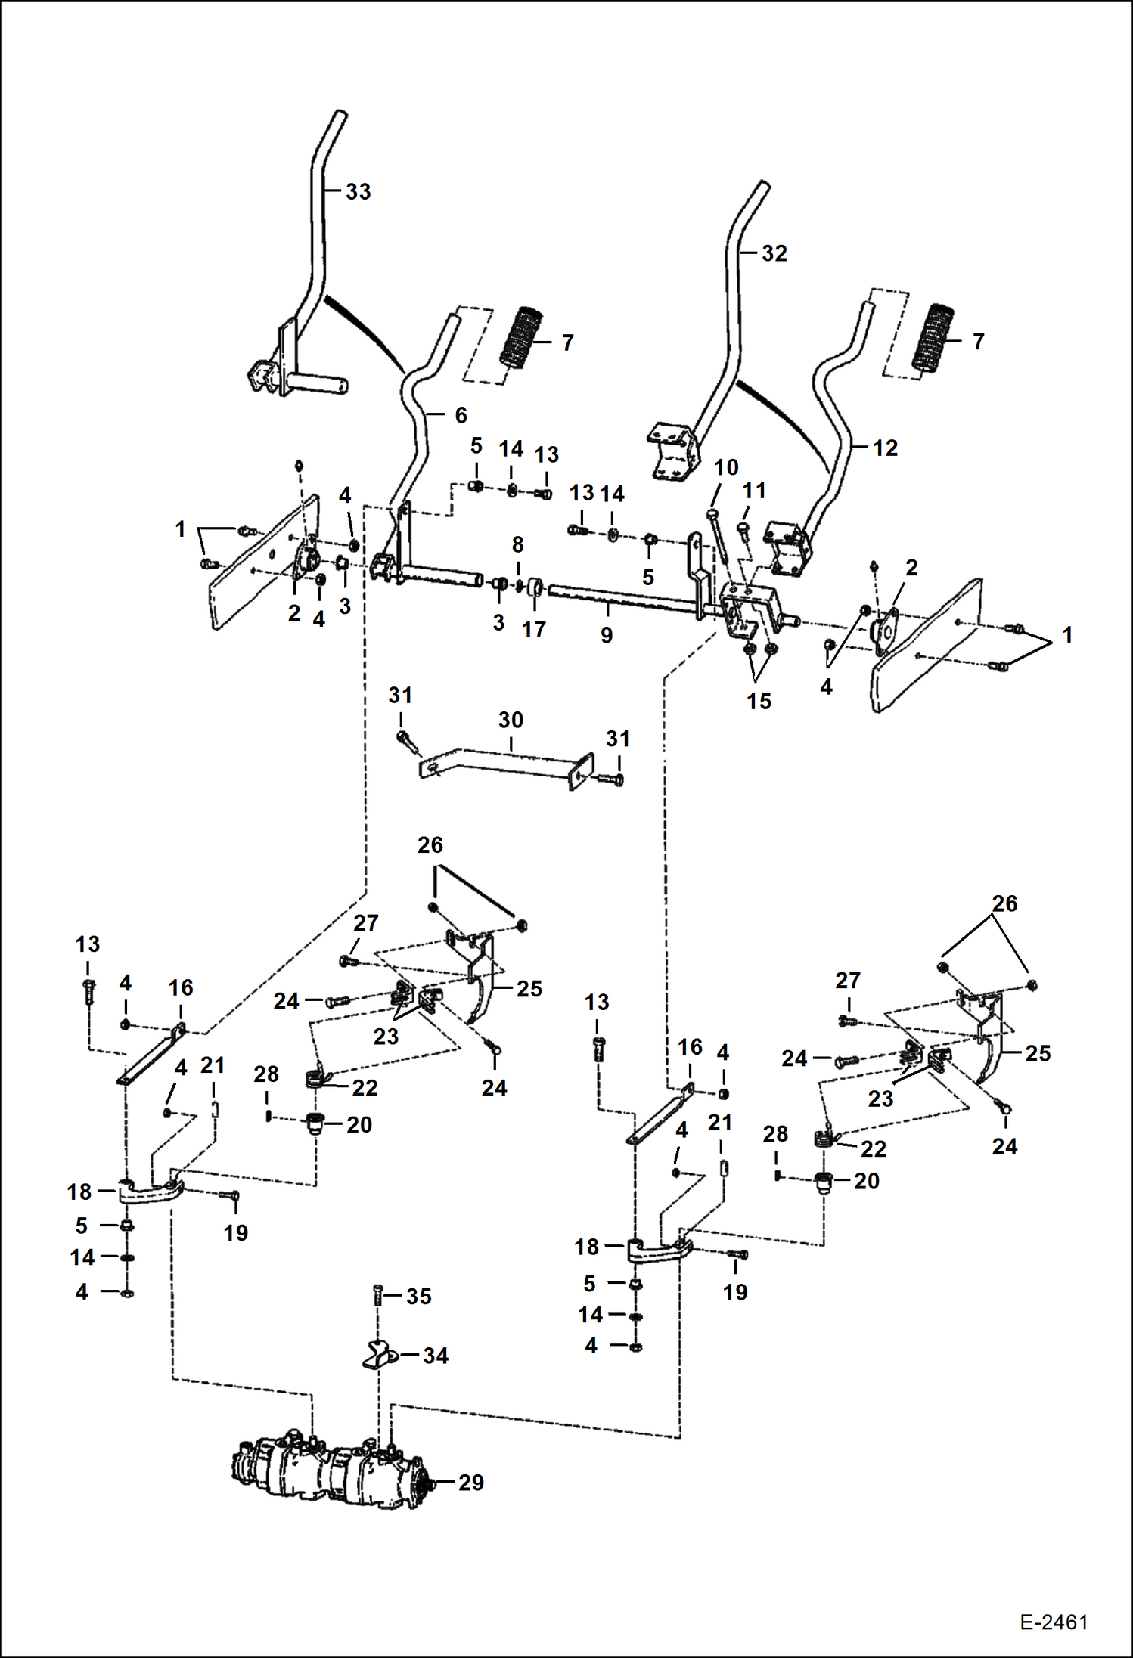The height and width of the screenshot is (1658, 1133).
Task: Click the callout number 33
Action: pyautogui.click(x=358, y=192)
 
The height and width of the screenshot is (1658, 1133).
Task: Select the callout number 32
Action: pyautogui.click(x=774, y=253)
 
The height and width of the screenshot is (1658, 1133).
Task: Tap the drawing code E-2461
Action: pyautogui.click(x=1053, y=1622)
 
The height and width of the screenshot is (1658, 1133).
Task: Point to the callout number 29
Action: pyautogui.click(x=470, y=1483)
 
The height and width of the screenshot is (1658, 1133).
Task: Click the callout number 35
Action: pyautogui.click(x=418, y=1297)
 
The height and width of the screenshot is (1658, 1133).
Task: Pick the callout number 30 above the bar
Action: pyautogui.click(x=511, y=720)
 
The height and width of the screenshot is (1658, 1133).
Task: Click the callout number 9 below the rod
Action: pyautogui.click(x=607, y=636)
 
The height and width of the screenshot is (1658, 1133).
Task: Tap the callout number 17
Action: pyautogui.click(x=533, y=629)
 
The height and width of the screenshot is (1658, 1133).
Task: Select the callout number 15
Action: pyautogui.click(x=759, y=701)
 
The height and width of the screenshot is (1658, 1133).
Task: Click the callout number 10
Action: pyautogui.click(x=726, y=468)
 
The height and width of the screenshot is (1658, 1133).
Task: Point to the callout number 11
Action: pyautogui.click(x=754, y=491)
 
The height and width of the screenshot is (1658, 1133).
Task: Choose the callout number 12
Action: pyautogui.click(x=885, y=448)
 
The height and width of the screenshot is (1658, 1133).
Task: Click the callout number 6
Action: pyautogui.click(x=461, y=415)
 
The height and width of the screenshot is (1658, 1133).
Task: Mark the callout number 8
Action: pyautogui.click(x=517, y=544)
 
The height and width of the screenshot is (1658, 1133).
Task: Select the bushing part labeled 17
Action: pyautogui.click(x=535, y=587)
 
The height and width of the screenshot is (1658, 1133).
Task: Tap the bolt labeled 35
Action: pyautogui.click(x=378, y=1296)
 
